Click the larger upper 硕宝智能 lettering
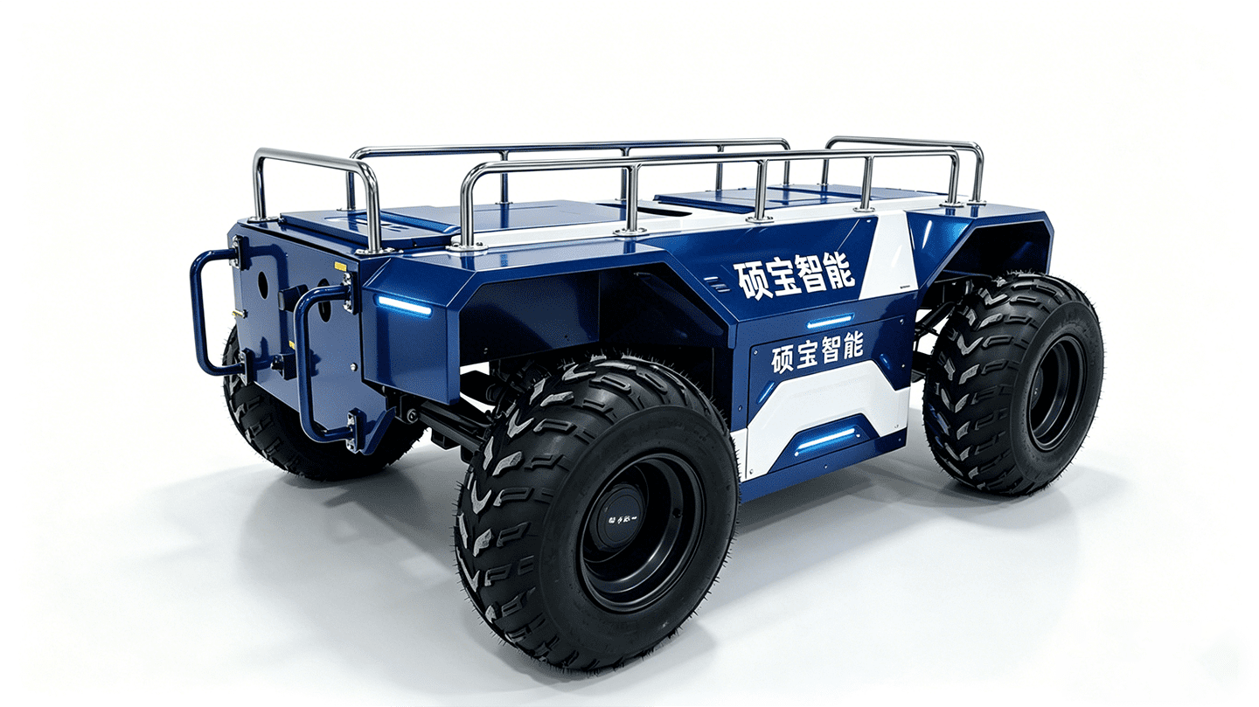(x=796, y=277)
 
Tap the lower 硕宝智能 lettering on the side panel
(x=817, y=352)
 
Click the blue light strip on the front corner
(x=404, y=306)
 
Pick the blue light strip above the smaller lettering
(x=831, y=321)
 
